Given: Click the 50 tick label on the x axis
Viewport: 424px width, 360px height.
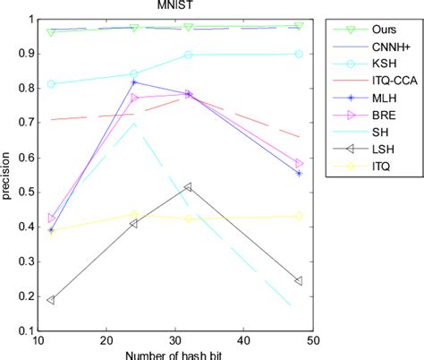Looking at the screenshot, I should click(312, 340).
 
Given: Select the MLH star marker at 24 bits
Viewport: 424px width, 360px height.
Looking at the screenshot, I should click(133, 82).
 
